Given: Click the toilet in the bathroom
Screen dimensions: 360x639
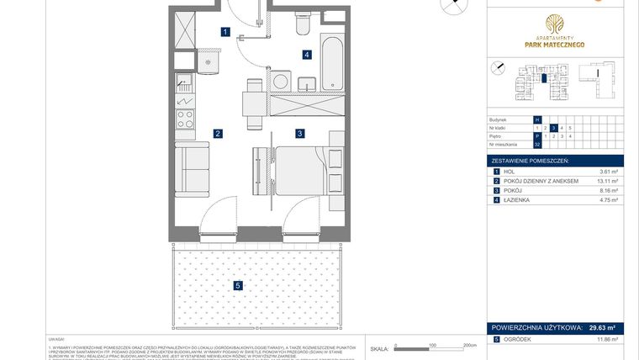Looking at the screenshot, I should tap(303, 24).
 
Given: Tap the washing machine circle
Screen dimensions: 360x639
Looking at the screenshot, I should tap(281, 82).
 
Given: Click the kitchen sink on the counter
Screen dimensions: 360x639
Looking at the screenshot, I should tap(184, 84).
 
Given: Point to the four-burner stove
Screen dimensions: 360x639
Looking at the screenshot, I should tap(184, 118).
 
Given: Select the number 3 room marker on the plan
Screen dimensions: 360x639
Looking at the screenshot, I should tap(299, 133).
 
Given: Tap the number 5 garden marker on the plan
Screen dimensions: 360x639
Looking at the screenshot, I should tap(239, 286).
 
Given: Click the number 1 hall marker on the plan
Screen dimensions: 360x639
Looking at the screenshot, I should tap(224, 33).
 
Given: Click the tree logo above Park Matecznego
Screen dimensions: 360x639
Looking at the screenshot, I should tap(555, 24).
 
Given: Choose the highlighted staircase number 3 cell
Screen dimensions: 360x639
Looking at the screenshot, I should tap(552, 128).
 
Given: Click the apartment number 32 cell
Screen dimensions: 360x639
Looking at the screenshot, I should tap(536, 145).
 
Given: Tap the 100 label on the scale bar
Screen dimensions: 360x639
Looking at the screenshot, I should tap(430, 345).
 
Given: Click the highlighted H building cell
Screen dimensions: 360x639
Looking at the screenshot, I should tap(536, 119).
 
